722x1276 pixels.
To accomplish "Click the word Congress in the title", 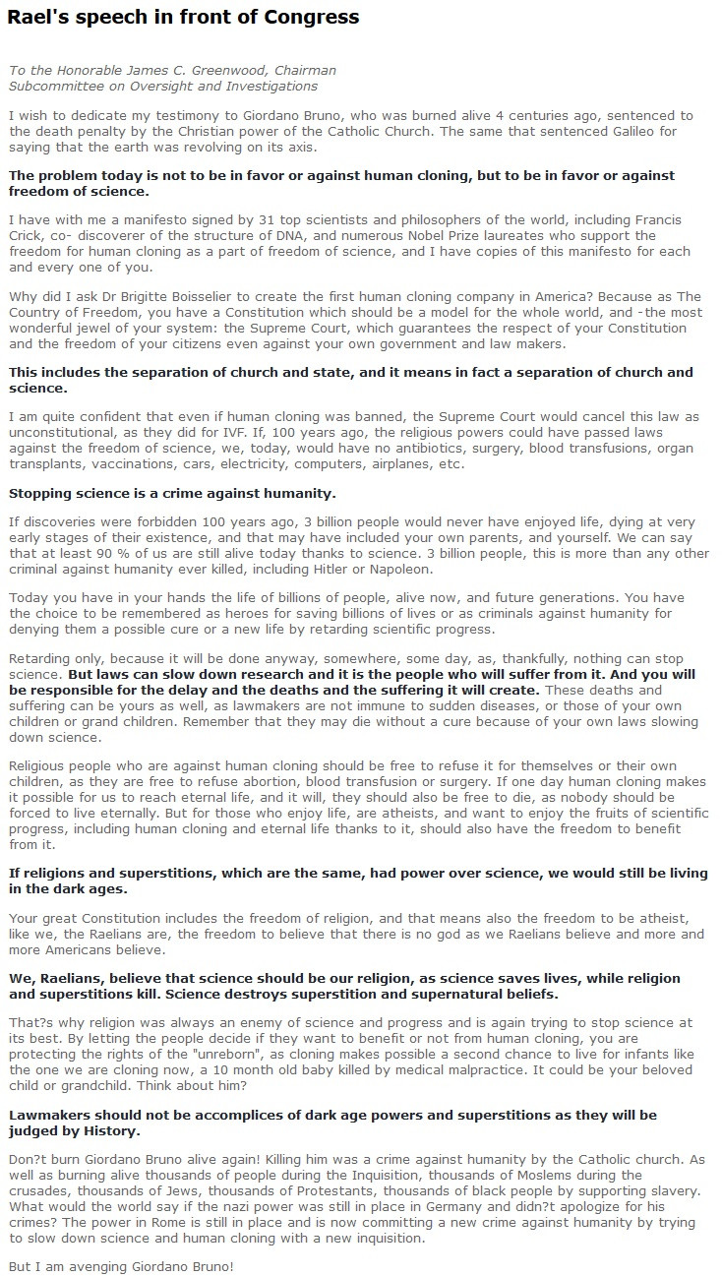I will (312, 17).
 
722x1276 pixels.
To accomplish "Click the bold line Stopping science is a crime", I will (172, 493).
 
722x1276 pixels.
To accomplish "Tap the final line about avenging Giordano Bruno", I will (121, 1266).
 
